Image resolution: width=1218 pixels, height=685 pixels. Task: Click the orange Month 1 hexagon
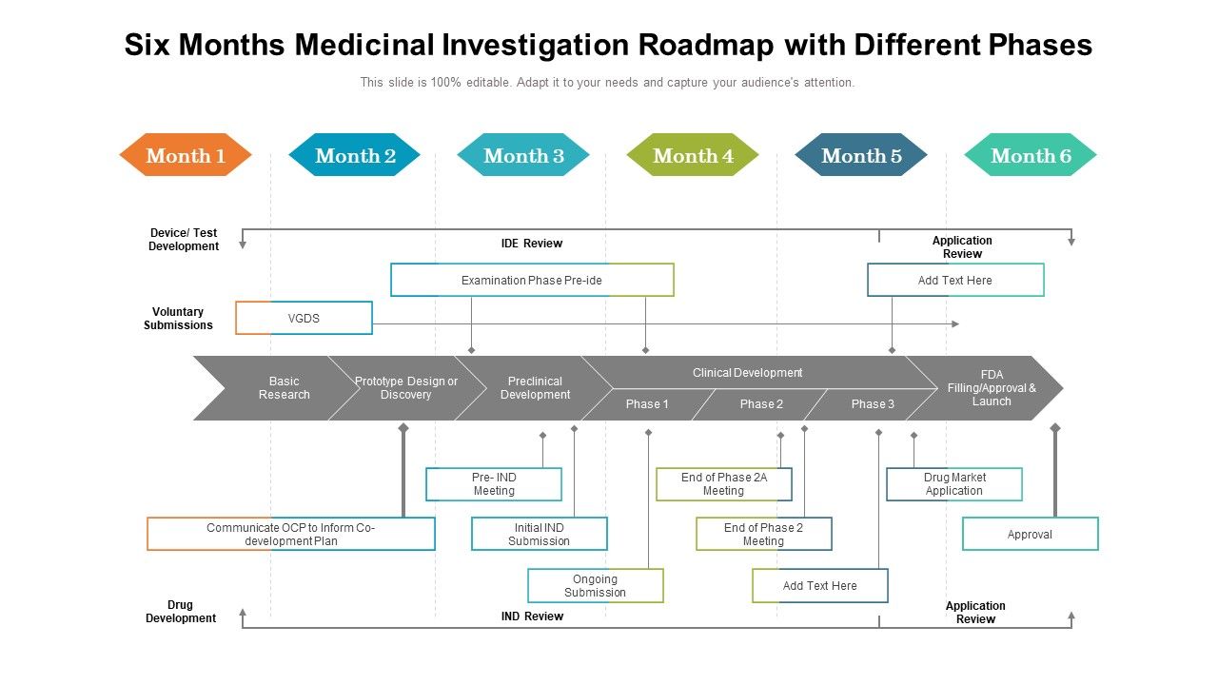pyautogui.click(x=186, y=155)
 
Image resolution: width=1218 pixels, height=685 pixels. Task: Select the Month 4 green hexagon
pyautogui.click(x=693, y=155)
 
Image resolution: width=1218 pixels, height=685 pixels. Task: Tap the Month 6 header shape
pyautogui.click(x=1031, y=155)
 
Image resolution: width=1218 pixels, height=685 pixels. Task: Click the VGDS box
pyautogui.click(x=304, y=318)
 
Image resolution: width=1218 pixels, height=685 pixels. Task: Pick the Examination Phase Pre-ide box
pyautogui.click(x=532, y=280)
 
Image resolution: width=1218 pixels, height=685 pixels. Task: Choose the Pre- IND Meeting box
pyautogui.click(x=494, y=484)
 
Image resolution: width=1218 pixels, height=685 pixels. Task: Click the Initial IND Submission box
pyautogui.click(x=539, y=534)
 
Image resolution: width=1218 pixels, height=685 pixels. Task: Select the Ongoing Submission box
pyautogui.click(x=595, y=585)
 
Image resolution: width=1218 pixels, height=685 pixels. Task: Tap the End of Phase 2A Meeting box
pyautogui.click(x=723, y=484)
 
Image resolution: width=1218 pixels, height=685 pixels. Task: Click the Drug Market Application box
pyautogui.click(x=953, y=484)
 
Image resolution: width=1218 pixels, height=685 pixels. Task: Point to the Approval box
pyautogui.click(x=1030, y=534)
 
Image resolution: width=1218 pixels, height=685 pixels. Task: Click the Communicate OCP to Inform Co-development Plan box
pyautogui.click(x=291, y=534)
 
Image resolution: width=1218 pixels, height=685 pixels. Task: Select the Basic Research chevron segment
pyautogui.click(x=284, y=388)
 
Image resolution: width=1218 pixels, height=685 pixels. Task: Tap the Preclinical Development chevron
pyautogui.click(x=535, y=388)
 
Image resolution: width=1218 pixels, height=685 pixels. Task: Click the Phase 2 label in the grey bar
pyautogui.click(x=761, y=404)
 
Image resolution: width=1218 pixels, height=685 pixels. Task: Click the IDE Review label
pyautogui.click(x=532, y=244)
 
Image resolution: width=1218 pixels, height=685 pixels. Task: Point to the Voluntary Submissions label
pyautogui.click(x=178, y=318)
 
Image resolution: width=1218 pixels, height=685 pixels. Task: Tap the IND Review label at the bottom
pyautogui.click(x=532, y=616)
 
